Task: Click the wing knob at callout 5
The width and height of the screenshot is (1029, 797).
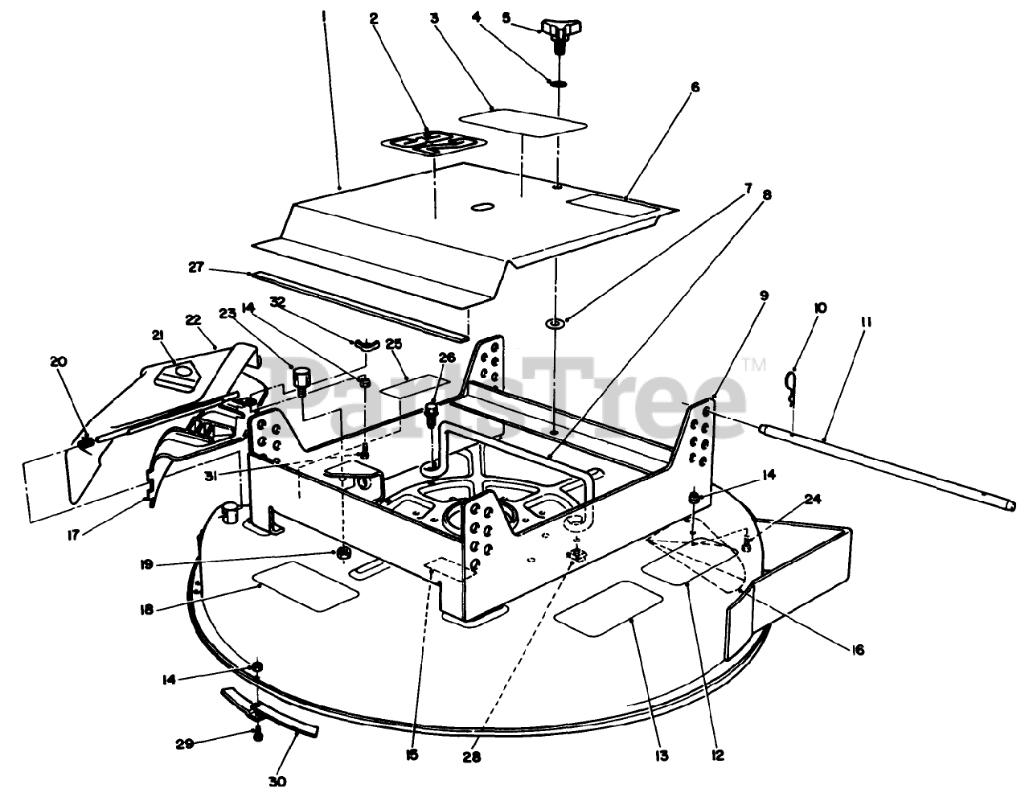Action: tap(560, 32)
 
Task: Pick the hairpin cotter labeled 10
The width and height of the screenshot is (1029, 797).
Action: tap(793, 380)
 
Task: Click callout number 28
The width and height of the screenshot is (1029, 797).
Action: tap(472, 757)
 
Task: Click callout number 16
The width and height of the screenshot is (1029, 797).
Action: tap(858, 650)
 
